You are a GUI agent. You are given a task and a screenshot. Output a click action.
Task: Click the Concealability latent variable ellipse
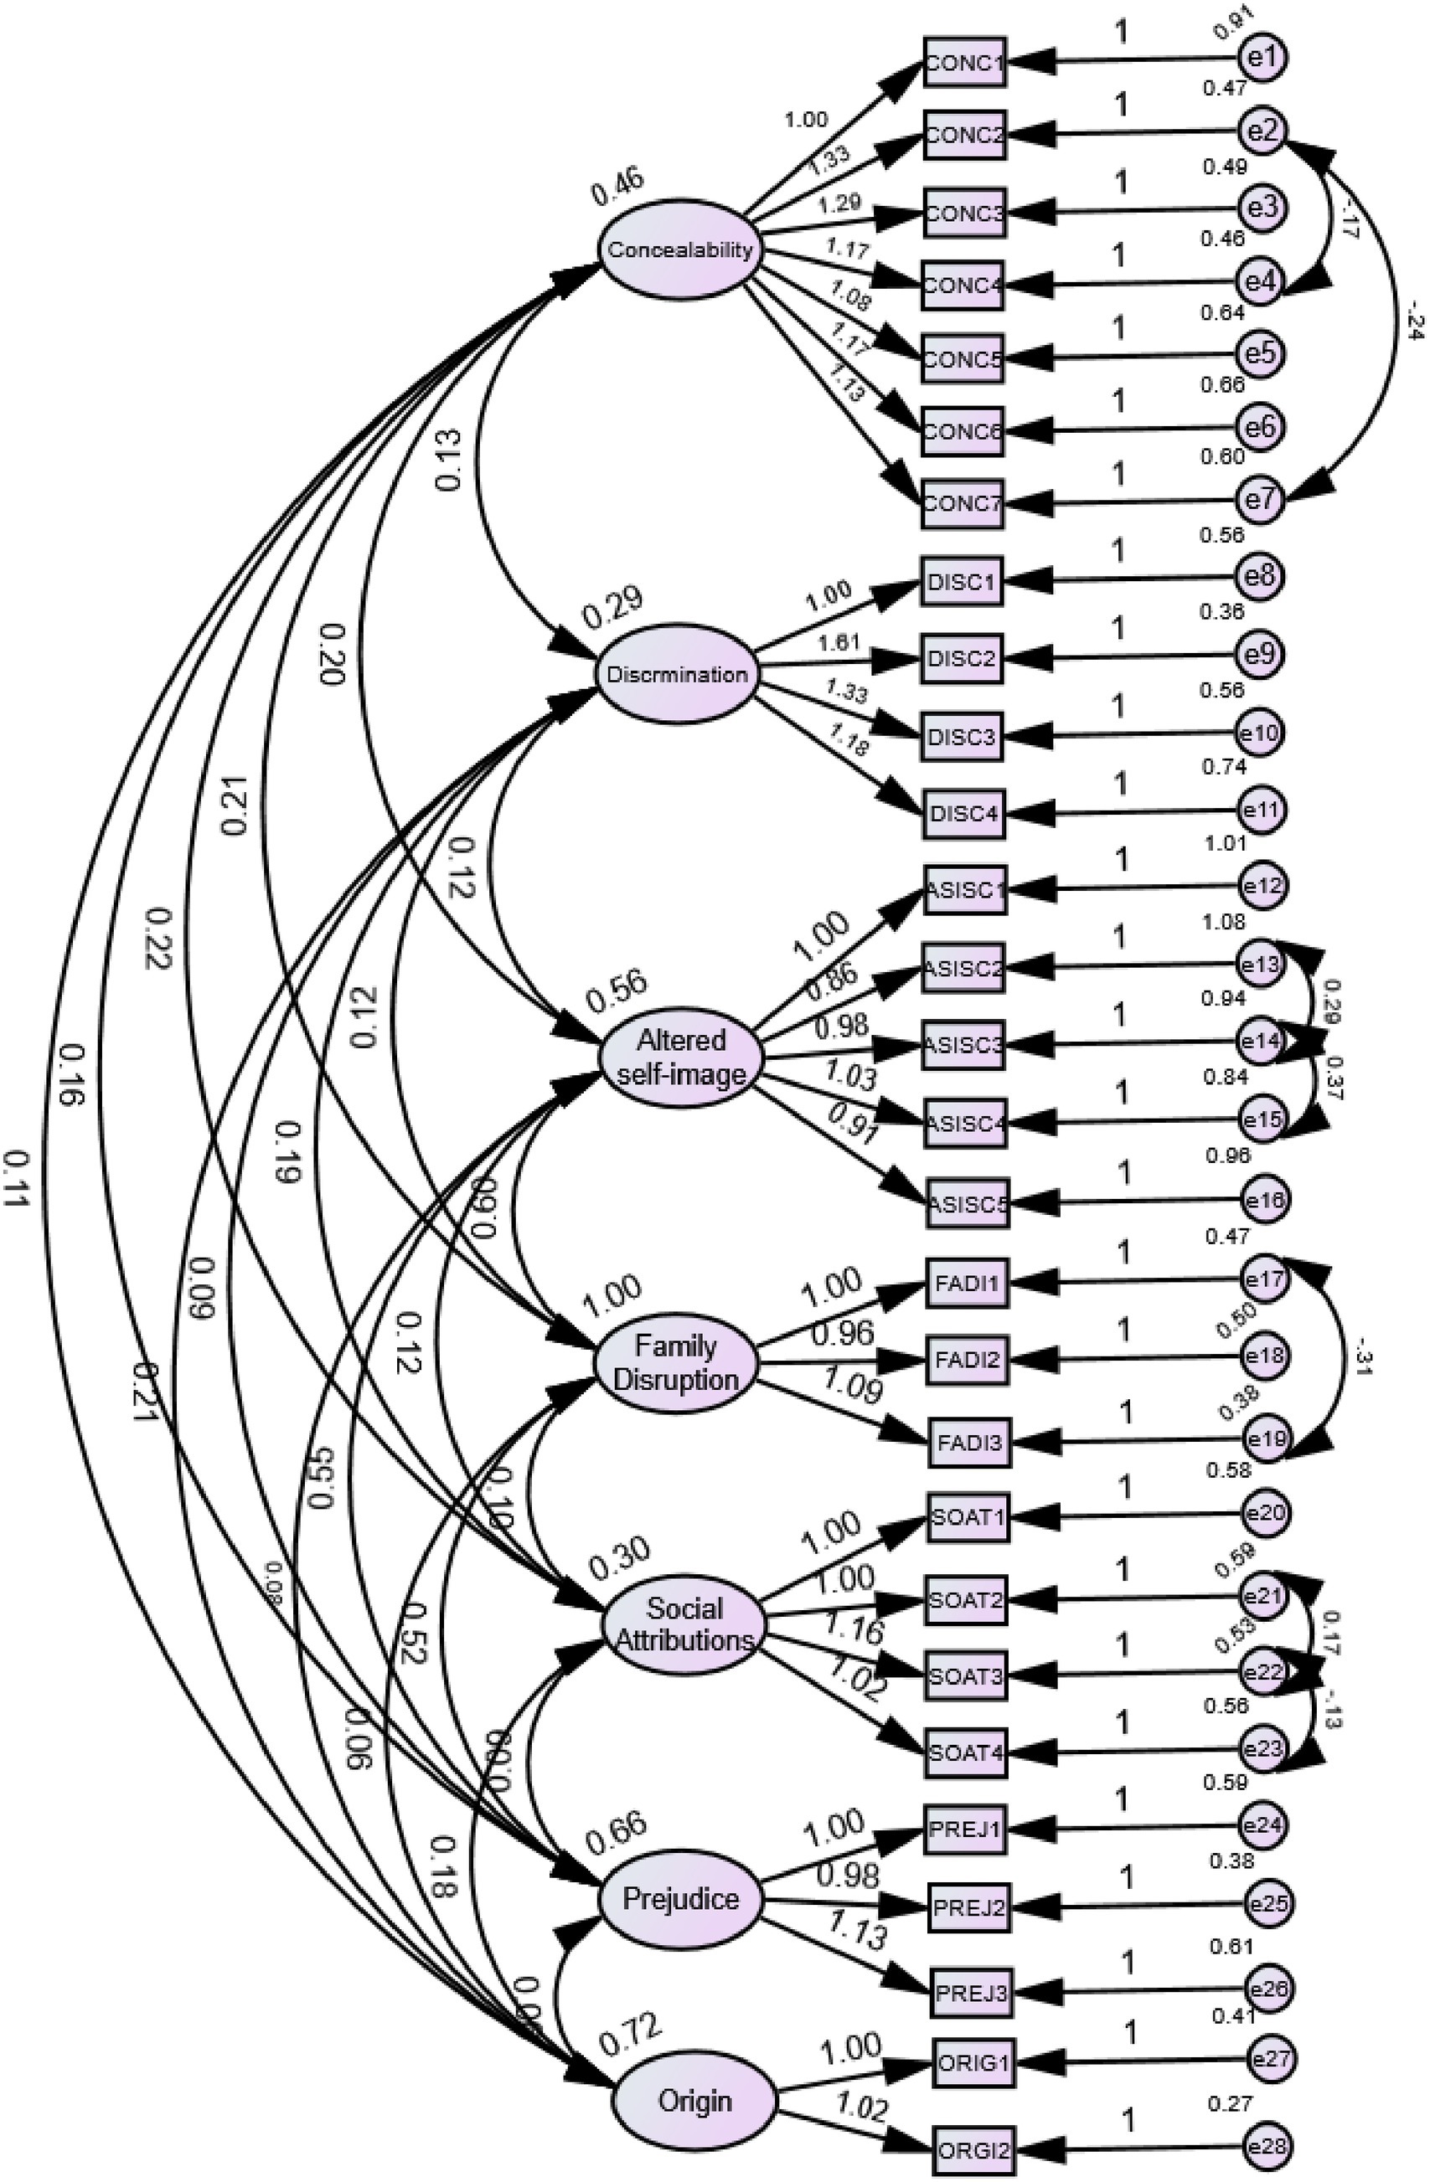point(679,250)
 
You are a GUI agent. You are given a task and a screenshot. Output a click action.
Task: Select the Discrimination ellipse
point(677,675)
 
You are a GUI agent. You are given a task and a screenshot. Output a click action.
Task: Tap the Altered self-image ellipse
point(679,1056)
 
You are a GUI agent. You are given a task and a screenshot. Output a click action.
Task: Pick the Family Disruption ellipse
point(676,1362)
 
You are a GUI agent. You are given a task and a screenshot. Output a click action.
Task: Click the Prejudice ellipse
point(680,1898)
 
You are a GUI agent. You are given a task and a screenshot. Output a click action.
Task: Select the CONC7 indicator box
point(963,503)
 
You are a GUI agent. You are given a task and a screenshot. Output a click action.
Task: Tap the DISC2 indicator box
point(963,658)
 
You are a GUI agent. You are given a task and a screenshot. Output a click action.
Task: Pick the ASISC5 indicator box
point(966,1203)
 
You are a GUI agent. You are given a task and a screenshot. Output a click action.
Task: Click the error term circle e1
point(1263,57)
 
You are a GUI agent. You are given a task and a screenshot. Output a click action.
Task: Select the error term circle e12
point(1263,886)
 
